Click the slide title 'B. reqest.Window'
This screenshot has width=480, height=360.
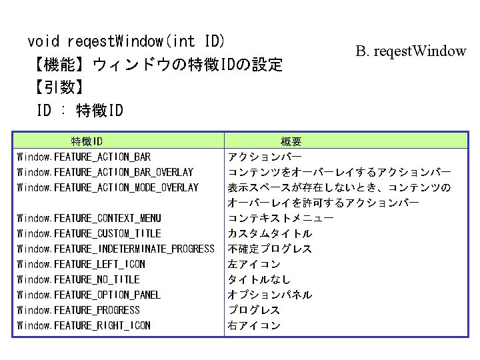[x=411, y=51]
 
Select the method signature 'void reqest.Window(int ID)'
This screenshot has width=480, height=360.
[x=126, y=41]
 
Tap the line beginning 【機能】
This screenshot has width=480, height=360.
[x=155, y=65]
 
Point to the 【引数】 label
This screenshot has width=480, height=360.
[x=57, y=87]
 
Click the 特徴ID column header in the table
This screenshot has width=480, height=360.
[x=87, y=141]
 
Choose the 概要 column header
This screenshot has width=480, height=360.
[x=291, y=141]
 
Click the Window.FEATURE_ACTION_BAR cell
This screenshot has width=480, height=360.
[x=84, y=157]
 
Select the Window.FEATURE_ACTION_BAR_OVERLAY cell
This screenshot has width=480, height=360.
[x=105, y=173]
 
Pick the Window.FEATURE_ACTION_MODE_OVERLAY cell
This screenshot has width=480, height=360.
[x=108, y=188]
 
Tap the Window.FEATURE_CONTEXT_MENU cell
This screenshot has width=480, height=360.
[x=89, y=218]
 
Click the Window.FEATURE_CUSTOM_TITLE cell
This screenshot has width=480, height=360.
[x=89, y=233]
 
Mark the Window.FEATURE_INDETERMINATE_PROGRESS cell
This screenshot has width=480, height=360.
[x=116, y=249]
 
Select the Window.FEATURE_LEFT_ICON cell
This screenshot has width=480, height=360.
[x=81, y=264]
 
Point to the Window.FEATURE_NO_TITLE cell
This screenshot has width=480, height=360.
[x=79, y=279]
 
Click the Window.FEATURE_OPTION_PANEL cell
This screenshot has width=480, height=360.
[x=89, y=295]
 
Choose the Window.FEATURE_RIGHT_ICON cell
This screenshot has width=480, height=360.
[x=84, y=325]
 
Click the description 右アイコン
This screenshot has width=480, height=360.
[x=254, y=326]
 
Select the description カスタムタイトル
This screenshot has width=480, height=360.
[x=270, y=234]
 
